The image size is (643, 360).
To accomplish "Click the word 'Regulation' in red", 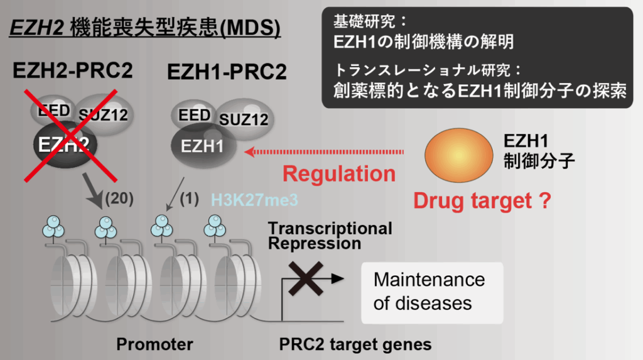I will (x=339, y=173).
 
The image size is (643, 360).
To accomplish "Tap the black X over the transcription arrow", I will (x=305, y=276).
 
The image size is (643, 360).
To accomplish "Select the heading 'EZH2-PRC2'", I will (x=73, y=72).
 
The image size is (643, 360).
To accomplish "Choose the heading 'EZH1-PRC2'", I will (x=227, y=73).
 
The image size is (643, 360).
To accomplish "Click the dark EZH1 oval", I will (x=204, y=146).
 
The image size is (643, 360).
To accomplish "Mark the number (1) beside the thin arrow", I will (x=189, y=199).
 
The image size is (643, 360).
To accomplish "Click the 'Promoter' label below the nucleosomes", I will (x=154, y=344).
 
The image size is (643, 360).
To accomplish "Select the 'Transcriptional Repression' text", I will (x=330, y=236).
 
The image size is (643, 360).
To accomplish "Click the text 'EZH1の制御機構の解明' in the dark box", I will (x=424, y=42).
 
